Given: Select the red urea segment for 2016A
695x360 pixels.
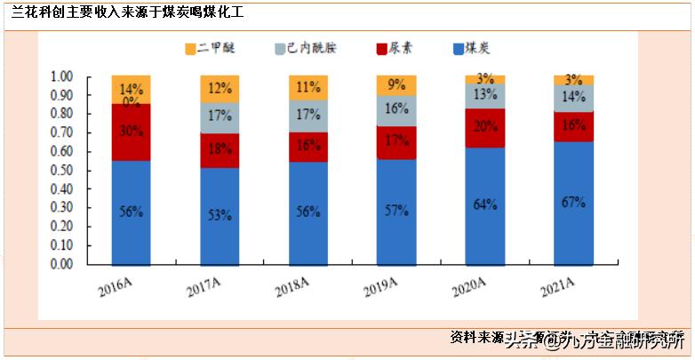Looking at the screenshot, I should click(131, 132).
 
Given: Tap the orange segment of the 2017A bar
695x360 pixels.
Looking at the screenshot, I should click(220, 89).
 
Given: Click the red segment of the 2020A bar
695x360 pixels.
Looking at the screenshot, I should click(485, 127).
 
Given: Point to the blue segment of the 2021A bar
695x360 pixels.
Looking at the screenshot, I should click(573, 203).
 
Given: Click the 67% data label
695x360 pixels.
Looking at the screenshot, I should click(573, 202).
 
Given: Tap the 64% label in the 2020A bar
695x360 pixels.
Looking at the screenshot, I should click(485, 205).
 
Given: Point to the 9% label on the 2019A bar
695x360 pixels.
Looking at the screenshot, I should click(396, 84).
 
